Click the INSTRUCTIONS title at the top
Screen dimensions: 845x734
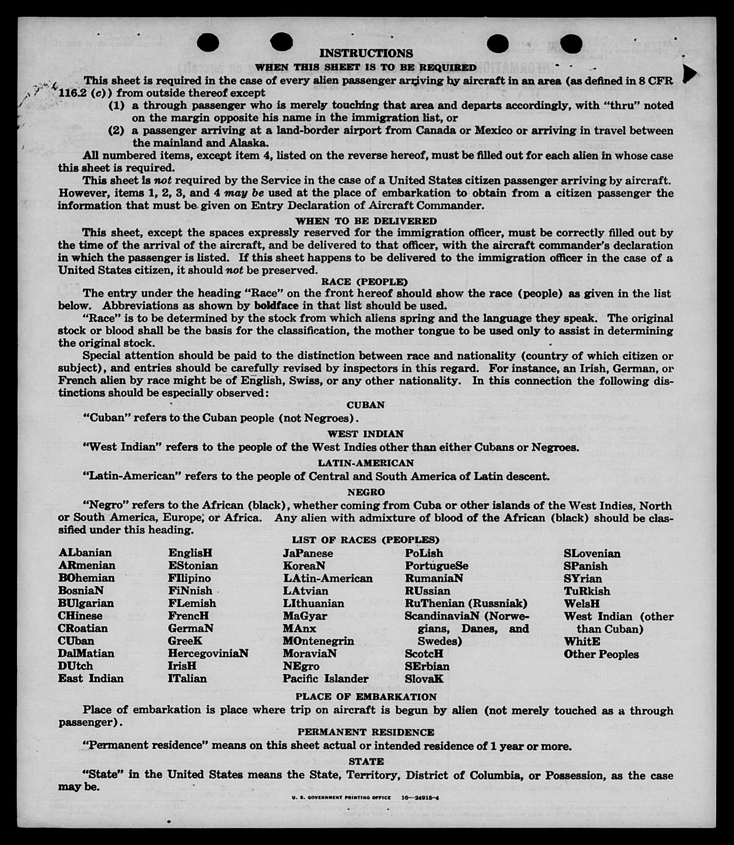pos(366,53)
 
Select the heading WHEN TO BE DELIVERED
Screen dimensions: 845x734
pos(366,221)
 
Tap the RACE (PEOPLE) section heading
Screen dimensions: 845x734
pos(364,282)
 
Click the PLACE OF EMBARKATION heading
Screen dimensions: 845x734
pos(366,697)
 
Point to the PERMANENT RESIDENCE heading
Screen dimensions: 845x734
pos(366,732)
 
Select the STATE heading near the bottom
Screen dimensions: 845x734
pos(366,761)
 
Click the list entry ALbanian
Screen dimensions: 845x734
pos(85,553)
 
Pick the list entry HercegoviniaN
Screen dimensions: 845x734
pos(208,653)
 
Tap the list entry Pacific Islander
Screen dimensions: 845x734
pos(325,678)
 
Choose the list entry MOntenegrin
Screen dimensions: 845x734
pos(318,641)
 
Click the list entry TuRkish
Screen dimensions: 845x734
pos(586,591)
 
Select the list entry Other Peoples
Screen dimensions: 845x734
pos(601,654)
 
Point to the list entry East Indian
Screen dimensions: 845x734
pos(91,678)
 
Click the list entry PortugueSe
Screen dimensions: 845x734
pos(436,566)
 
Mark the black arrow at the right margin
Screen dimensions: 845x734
pos(689,74)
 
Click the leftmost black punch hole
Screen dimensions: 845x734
pos(208,43)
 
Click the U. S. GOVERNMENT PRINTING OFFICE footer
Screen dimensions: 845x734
pos(341,798)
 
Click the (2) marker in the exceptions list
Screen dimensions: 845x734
pos(116,130)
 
